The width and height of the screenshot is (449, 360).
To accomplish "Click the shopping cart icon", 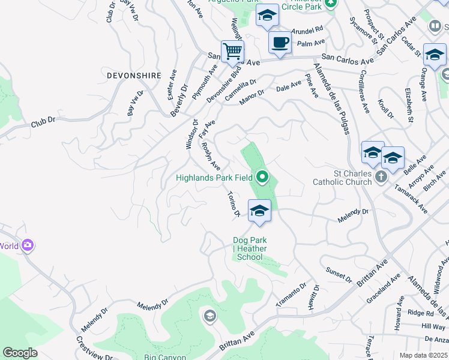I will tap(232, 51).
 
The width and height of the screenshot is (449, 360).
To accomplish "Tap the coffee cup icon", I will tap(280, 43).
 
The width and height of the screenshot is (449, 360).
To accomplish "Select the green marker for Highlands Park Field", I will tap(262, 177).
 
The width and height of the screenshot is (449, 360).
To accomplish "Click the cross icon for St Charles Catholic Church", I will tap(381, 176).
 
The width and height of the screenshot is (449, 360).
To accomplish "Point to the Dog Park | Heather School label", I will tap(250, 249).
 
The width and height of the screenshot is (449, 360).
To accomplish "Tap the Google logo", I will tap(20, 353).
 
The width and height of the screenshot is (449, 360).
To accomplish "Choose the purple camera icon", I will tap(27, 245).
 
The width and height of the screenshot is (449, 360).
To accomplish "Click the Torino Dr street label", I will tap(234, 204).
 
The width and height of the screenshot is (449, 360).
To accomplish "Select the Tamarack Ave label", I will tap(411, 199).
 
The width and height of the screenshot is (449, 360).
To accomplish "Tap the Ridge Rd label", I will tap(420, 313).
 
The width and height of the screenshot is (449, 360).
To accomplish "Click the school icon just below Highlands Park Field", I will tap(259, 211).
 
